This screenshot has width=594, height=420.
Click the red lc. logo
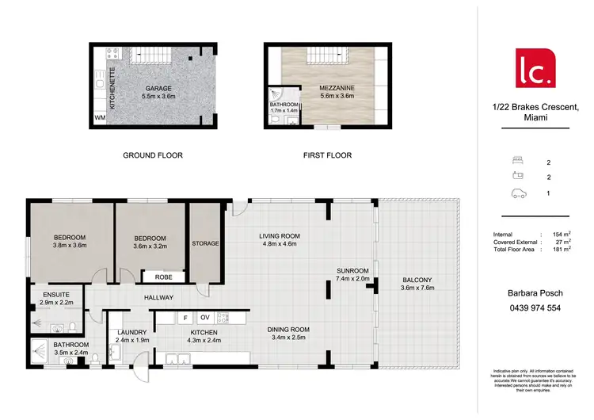(x=535, y=69)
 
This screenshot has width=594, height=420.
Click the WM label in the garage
(x=99, y=118)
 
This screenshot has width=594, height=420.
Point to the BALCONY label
(x=417, y=280)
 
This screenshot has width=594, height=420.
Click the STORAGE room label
(x=205, y=243)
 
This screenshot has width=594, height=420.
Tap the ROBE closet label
(x=163, y=277)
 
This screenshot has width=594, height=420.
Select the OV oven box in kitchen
(x=204, y=317)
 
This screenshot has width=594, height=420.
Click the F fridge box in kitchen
(x=185, y=317)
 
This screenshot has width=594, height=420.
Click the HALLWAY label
(x=158, y=298)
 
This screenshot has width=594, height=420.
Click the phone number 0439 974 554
(x=535, y=308)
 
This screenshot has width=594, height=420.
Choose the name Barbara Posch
(x=535, y=293)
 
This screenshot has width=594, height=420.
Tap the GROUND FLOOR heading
(x=153, y=155)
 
